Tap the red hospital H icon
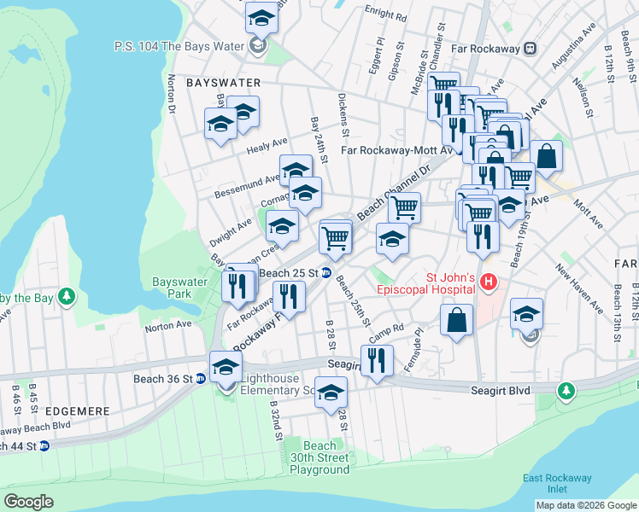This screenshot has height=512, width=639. point(489,281)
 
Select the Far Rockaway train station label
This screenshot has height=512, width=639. point(476,49)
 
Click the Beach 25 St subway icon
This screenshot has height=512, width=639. point(326,273)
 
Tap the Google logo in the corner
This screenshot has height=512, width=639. point(28,501)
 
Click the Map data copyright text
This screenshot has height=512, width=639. point(586,505)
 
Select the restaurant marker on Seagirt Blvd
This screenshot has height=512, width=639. point(376,361)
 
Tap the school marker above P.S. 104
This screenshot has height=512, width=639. point(261,17)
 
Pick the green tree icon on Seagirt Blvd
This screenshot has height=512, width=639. point(565,390)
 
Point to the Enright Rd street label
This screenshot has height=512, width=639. point(385,15)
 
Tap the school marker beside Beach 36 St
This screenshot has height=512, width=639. point(226,369)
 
